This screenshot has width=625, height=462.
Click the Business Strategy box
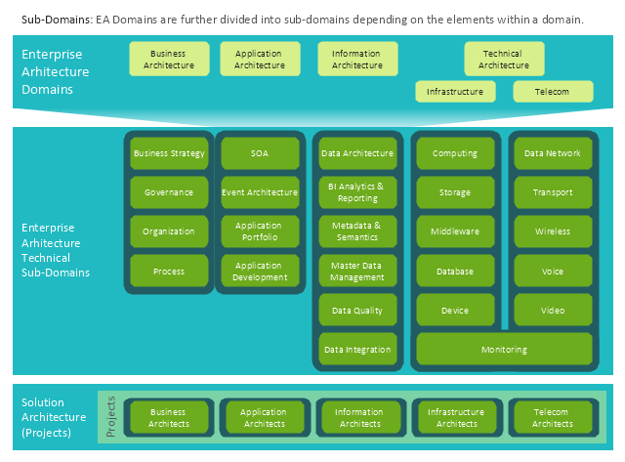169,153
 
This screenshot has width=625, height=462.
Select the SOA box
259,153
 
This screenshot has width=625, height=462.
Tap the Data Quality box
356,311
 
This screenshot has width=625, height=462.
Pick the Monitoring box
504,349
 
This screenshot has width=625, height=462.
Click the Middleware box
455,231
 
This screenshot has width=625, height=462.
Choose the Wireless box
553,231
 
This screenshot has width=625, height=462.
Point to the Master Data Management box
356,271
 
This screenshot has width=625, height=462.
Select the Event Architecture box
259,192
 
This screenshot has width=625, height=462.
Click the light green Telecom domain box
553,92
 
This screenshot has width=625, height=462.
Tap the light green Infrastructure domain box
455,92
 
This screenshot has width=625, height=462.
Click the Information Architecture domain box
356,60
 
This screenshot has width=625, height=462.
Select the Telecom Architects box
553,418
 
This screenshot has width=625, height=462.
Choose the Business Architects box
168,418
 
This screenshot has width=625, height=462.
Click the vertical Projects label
110,417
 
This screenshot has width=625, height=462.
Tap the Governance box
169,192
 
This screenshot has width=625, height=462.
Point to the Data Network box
553,153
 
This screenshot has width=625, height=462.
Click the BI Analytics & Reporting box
356,192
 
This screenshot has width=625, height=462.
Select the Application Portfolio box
259,231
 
